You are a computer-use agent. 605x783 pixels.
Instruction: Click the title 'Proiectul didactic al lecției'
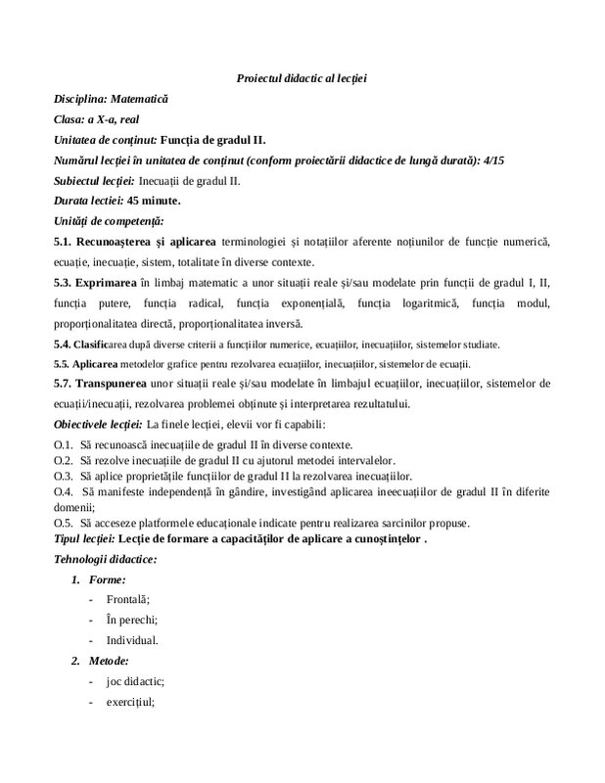tap(302, 77)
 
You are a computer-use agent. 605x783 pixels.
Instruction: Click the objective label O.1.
tap(64, 444)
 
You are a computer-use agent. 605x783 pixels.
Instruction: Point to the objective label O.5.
tap(64, 521)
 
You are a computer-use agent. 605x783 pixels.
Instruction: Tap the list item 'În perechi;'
tap(131, 620)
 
